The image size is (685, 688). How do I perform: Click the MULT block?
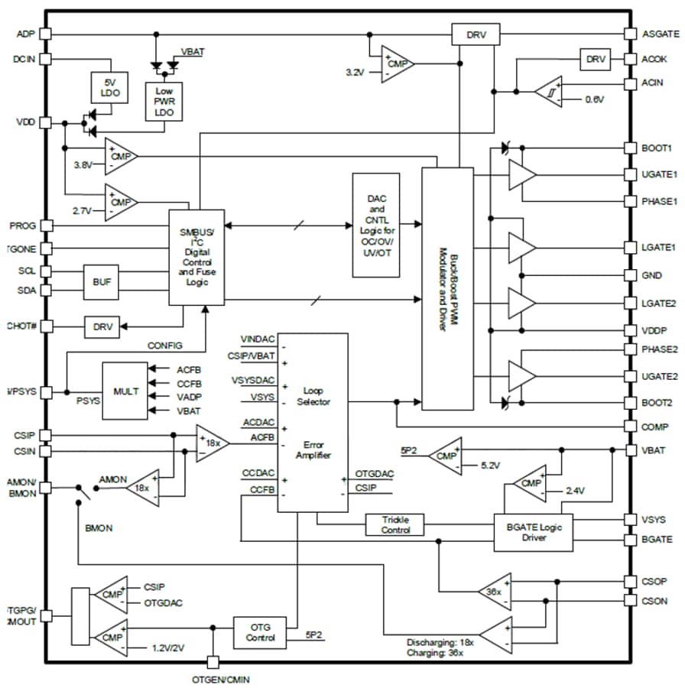[125, 391]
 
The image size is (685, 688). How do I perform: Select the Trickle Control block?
[395, 524]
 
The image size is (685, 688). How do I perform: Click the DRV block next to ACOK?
[595, 59]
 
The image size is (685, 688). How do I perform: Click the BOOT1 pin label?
[657, 148]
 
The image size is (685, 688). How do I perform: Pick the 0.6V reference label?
[594, 99]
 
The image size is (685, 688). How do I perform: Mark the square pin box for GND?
[631, 275]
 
